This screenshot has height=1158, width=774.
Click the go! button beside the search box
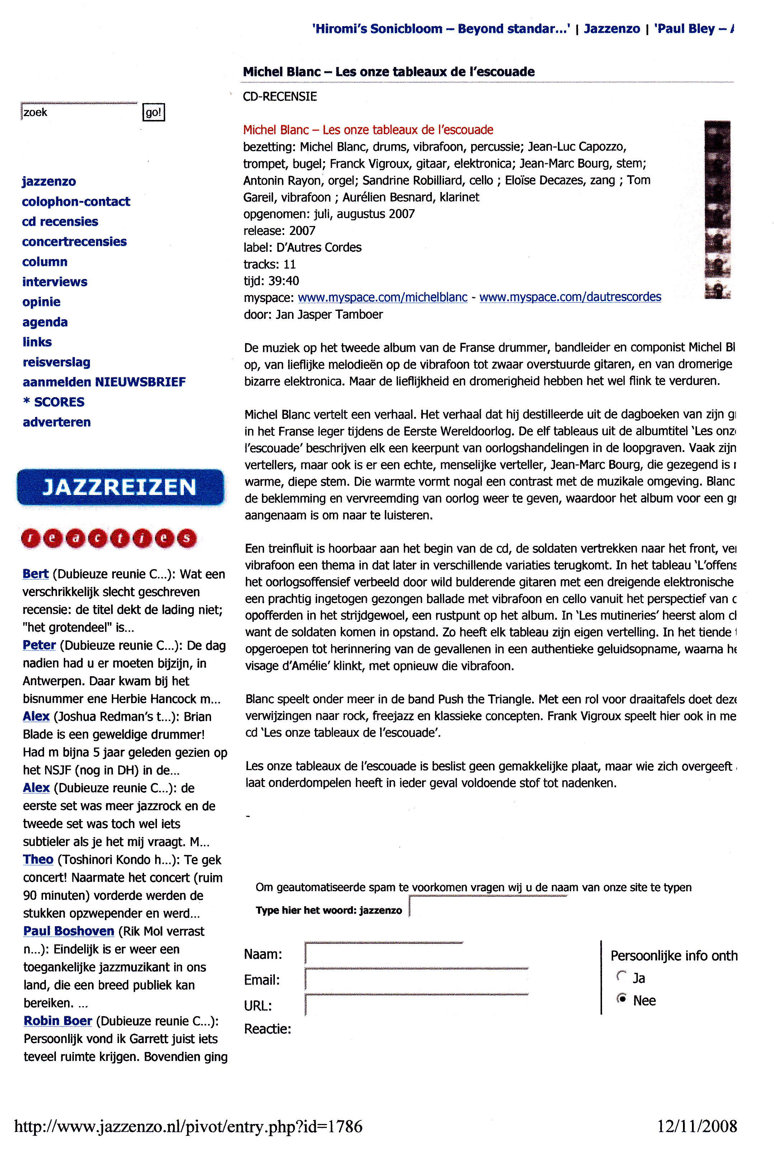(153, 112)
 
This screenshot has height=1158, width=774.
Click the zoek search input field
(79, 112)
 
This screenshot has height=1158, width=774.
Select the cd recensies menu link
(60, 221)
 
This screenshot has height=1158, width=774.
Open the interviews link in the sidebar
(55, 282)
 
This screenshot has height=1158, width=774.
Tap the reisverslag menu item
(57, 362)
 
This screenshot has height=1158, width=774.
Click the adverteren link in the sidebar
(57, 422)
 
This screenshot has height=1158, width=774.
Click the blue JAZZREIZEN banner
(120, 487)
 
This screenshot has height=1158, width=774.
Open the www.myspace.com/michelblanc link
(383, 297)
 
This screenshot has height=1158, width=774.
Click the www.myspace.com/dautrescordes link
(570, 297)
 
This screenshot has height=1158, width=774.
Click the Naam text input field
(383, 953)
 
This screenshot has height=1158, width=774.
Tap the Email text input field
(416, 979)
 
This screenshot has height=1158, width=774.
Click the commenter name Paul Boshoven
(68, 931)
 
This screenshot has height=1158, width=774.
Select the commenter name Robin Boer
(58, 1021)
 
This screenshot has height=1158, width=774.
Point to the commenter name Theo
(38, 860)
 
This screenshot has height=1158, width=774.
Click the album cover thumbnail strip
(717, 209)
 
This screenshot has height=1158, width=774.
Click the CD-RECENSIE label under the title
(280, 96)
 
